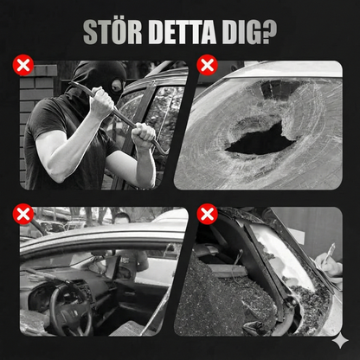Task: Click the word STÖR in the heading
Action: (112, 32)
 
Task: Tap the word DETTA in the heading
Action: (183, 32)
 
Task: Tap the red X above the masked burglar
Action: (23, 65)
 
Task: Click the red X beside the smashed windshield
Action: (207, 65)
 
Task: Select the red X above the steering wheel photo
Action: (23, 214)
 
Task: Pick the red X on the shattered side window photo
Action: (207, 214)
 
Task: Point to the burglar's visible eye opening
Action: (117, 86)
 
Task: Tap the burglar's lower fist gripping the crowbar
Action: (144, 137)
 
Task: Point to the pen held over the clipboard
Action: (328, 254)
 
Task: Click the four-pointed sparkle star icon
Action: (340, 340)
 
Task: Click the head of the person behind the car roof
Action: (121, 218)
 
